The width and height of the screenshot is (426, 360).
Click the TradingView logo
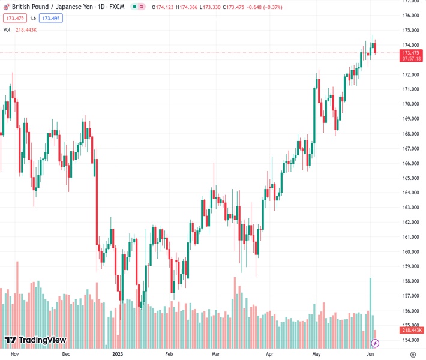pos(35,340)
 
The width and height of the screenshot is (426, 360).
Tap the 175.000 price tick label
pos(410,30)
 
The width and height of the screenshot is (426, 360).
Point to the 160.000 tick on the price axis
pos(410,252)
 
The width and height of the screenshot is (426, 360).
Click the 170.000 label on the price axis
pos(410,104)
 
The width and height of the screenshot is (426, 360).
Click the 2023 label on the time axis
pos(117,354)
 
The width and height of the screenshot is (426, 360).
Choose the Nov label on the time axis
pos(16,354)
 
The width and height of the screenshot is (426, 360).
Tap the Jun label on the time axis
pos(370,354)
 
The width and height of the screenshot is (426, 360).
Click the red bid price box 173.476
pos(13,18)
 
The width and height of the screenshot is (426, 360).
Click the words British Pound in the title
pos(31,7)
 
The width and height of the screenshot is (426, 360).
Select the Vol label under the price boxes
pos(7,29)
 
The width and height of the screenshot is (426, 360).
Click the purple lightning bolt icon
pos(376,343)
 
